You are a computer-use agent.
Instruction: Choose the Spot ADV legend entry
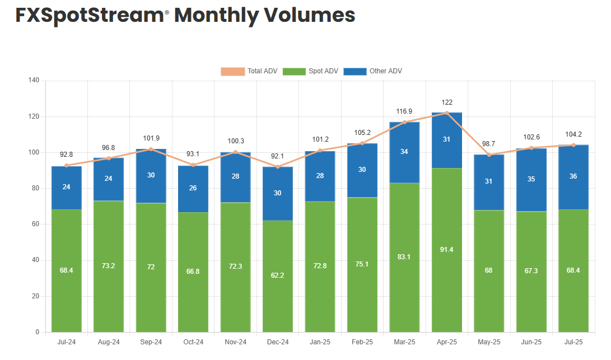[x=310, y=71]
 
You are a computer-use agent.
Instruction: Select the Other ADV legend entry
[x=372, y=71]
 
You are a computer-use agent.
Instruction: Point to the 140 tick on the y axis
[x=34, y=81]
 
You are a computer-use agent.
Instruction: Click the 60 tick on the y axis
[x=35, y=225]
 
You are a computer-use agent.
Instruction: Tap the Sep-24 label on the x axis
[x=151, y=342]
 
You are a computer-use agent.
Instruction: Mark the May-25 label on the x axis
[x=489, y=342]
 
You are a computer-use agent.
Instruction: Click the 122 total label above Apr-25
[x=447, y=102]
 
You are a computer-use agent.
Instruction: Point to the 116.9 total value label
[x=404, y=111]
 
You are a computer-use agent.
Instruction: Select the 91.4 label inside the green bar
[x=447, y=249]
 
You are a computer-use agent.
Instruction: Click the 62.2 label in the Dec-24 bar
[x=278, y=275]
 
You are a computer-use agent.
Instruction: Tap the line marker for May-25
[x=489, y=155]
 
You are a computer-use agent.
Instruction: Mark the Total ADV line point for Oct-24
[x=193, y=165]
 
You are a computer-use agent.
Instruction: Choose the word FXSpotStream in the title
[x=89, y=15]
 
